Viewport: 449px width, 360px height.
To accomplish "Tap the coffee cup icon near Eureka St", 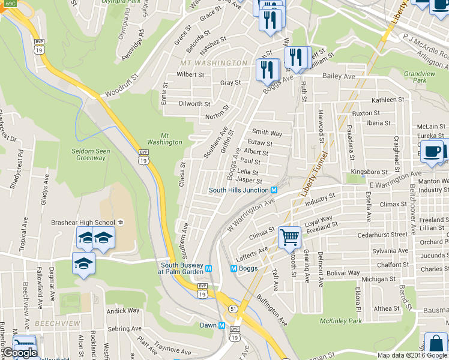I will click(432, 152).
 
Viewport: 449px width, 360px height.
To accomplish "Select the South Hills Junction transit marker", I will click(274, 190).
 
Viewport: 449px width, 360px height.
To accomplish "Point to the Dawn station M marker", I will click(221, 326).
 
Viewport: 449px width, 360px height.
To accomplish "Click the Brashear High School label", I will click(89, 222).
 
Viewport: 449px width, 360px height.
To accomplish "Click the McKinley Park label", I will click(342, 321).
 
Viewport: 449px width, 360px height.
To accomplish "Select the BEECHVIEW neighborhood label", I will click(57, 323).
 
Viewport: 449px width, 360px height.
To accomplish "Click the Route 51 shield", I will click(232, 308).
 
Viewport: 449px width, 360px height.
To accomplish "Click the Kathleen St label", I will click(388, 100).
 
